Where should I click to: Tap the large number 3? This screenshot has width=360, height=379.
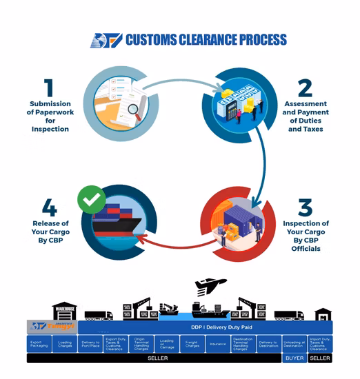tap(304, 207)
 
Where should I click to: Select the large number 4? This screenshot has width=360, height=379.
tap(48, 207)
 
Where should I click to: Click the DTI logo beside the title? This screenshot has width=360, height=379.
tap(106, 40)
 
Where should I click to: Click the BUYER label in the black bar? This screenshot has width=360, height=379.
tap(294, 358)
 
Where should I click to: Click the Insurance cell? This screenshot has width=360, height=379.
tap(217, 343)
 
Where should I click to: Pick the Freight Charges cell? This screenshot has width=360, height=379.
tap(192, 343)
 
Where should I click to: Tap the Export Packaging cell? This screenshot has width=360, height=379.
tap(39, 343)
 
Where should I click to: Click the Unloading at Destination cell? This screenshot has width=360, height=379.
tap(294, 343)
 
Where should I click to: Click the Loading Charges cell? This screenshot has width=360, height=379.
tap(65, 343)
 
